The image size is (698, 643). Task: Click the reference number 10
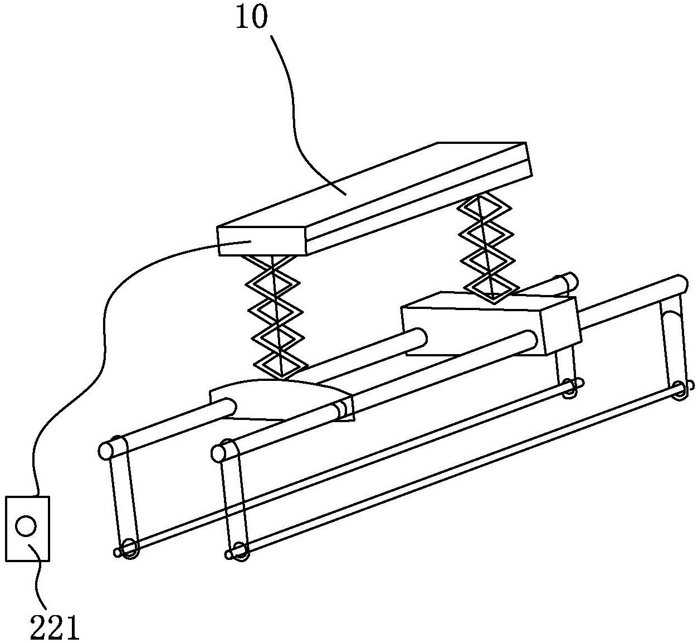[x=251, y=18]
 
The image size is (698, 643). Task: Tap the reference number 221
[x=55, y=628]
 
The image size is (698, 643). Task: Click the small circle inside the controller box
[x=26, y=525]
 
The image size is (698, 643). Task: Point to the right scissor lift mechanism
[x=485, y=245]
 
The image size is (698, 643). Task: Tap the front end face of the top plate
[x=262, y=241]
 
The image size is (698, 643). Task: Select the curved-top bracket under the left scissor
[x=279, y=399]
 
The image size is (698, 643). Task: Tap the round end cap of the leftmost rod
[x=106, y=450]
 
